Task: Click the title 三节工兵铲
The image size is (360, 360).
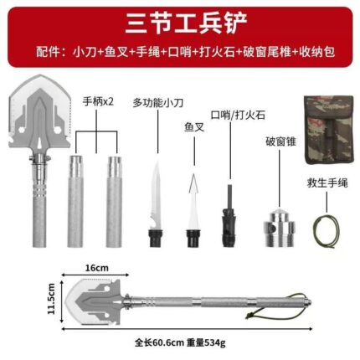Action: (186, 23)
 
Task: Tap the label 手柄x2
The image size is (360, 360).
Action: (98, 101)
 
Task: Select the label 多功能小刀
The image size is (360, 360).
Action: (158, 103)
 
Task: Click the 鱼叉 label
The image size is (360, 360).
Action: (194, 127)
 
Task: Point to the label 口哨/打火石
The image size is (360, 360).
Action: (238, 115)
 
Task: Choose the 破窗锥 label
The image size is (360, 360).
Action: (280, 141)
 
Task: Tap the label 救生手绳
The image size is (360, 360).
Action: (327, 183)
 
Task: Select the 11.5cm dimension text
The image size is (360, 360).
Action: (52, 299)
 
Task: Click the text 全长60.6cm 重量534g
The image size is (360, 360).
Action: (180, 342)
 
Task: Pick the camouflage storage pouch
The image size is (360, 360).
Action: (328, 130)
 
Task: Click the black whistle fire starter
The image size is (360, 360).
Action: (229, 216)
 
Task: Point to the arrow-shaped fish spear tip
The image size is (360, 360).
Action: (194, 183)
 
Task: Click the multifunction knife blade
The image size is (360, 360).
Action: (156, 194)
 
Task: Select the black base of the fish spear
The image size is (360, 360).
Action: (193, 239)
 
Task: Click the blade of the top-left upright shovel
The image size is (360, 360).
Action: (39, 111)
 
